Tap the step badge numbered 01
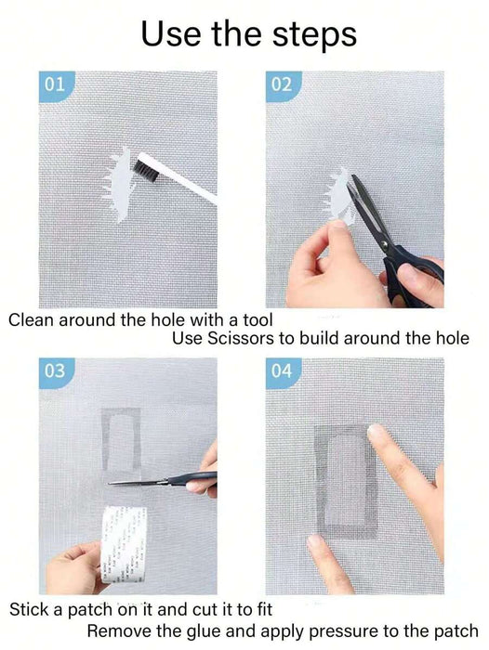(x=56, y=85)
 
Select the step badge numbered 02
(x=283, y=85)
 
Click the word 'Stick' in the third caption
(x=29, y=609)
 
